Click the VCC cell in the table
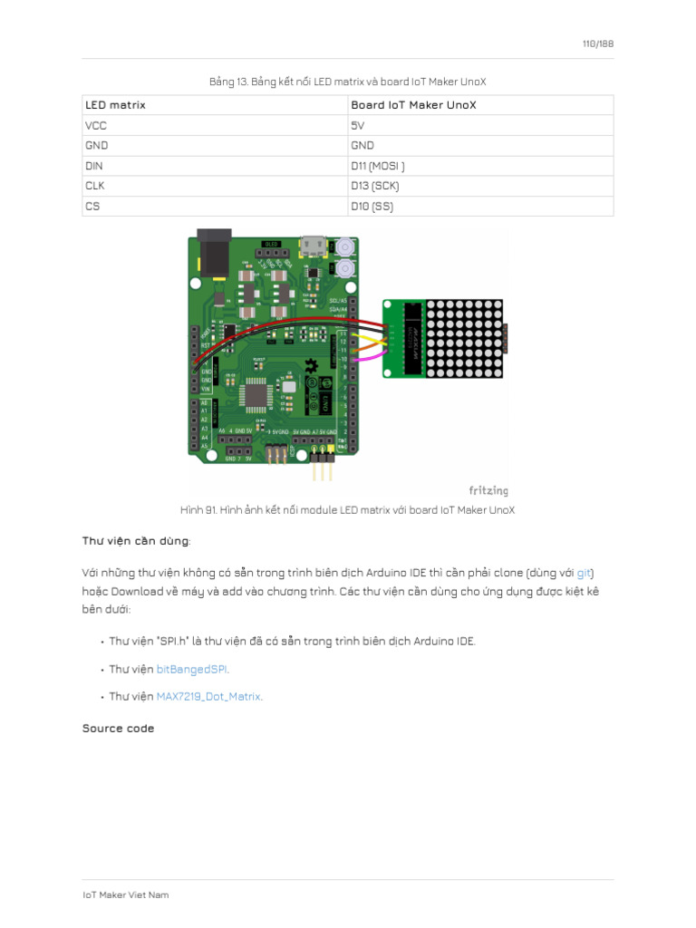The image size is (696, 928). point(96,125)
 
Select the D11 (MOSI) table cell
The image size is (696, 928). point(378,166)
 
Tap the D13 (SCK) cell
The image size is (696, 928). point(374,186)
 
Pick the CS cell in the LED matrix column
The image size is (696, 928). point(92,206)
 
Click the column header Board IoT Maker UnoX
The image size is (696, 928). point(413,105)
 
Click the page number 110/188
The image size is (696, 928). point(598,43)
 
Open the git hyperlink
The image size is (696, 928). point(585,573)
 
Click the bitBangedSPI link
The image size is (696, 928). point(192,669)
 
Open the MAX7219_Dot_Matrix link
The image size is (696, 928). point(208,696)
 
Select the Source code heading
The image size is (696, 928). point(118,728)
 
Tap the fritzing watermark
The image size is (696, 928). point(488,490)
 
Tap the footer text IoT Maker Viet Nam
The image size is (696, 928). point(125,894)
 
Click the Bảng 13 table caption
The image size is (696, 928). point(348,82)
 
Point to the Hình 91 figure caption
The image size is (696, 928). point(348,510)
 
